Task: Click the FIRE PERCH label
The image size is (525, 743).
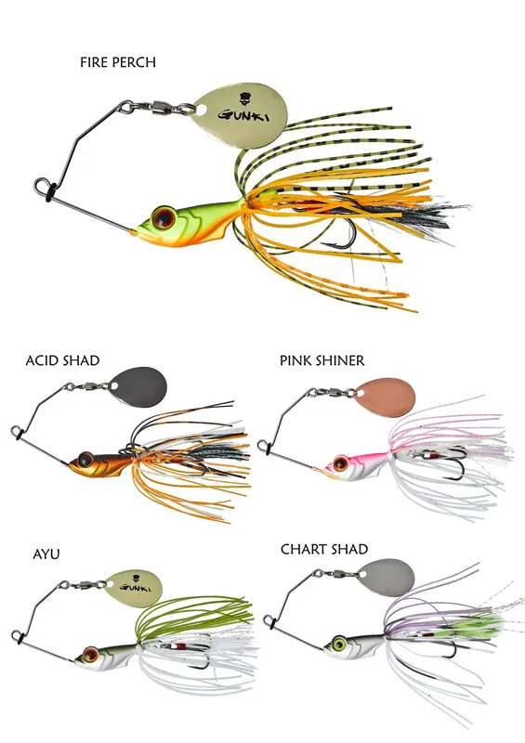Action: (118, 62)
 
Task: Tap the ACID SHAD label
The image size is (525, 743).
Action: (62, 360)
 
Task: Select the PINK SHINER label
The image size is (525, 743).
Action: (322, 360)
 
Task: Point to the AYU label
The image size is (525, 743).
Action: (46, 554)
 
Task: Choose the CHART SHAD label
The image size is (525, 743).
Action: (324, 549)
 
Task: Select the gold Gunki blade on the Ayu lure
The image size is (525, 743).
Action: (133, 589)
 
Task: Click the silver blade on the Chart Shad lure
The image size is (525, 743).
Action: (385, 579)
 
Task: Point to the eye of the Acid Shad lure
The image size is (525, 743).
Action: (85, 459)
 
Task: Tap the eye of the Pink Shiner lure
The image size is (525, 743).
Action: (340, 463)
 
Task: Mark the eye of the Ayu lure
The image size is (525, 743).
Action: (89, 655)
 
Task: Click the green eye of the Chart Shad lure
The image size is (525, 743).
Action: (339, 644)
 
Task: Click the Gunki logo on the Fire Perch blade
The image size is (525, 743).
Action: (242, 109)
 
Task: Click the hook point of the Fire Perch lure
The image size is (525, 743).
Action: (322, 244)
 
